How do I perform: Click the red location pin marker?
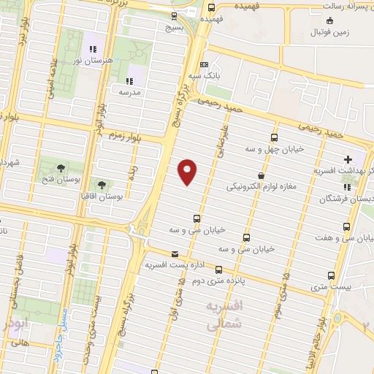(188, 171)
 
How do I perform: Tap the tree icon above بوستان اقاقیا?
(101, 185)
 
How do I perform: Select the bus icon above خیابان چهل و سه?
(274, 137)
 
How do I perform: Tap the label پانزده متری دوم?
(227, 278)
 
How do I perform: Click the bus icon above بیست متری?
(331, 276)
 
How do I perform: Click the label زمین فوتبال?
(330, 32)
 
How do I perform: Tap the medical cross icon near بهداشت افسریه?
(348, 159)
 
